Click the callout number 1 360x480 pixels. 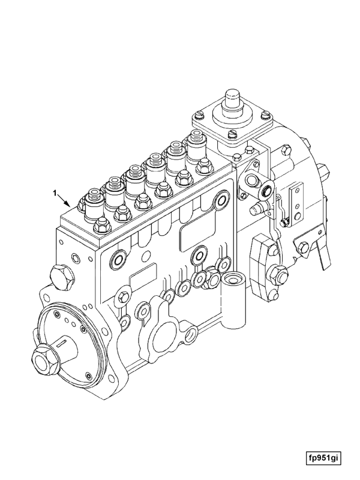point(55,193)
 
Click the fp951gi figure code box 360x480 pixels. point(324,458)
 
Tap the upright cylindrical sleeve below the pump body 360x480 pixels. point(233,301)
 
